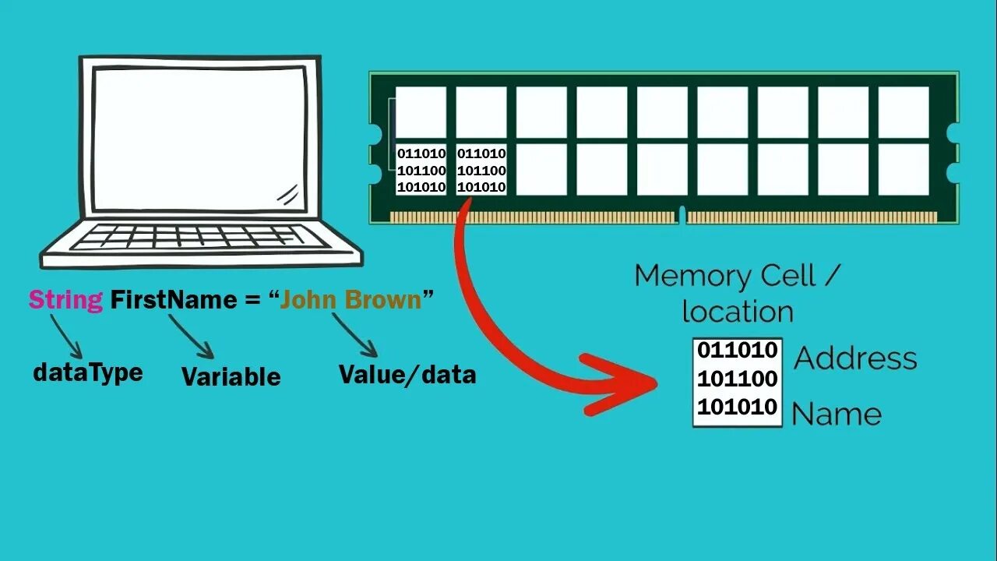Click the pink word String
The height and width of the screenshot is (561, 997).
pyautogui.click(x=65, y=300)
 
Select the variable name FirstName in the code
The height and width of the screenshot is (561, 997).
pyautogui.click(x=173, y=300)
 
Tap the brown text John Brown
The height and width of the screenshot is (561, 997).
pyautogui.click(x=351, y=300)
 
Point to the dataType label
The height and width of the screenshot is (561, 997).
pyautogui.click(x=87, y=372)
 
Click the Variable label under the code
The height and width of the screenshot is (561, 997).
pyautogui.click(x=231, y=377)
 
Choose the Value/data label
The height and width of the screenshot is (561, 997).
pyautogui.click(x=407, y=375)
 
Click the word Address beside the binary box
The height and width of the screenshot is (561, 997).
pyautogui.click(x=855, y=358)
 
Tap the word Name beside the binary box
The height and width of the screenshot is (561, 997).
pyautogui.click(x=836, y=415)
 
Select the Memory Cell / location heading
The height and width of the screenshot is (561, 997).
pyautogui.click(x=737, y=293)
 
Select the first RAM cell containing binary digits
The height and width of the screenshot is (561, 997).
pyautogui.click(x=421, y=170)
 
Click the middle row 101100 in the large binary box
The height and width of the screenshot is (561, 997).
pyautogui.click(x=737, y=379)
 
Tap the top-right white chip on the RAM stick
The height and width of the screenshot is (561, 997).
pyautogui.click(x=904, y=111)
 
